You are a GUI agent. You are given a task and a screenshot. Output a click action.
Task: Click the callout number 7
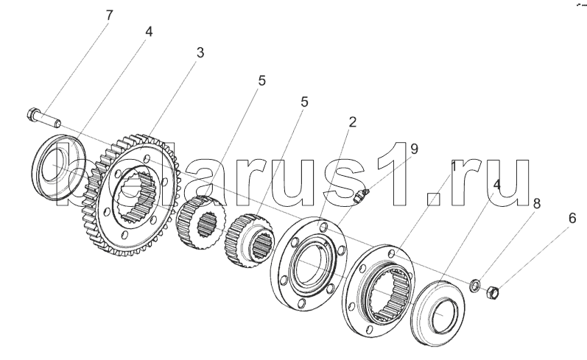[x=109, y=15]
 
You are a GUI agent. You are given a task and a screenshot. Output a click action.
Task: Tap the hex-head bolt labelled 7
[x=43, y=118]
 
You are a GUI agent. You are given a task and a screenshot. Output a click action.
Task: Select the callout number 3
[x=200, y=53]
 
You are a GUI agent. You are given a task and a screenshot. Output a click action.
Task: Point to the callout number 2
[x=352, y=122]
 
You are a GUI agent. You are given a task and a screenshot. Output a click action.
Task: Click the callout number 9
[x=414, y=149]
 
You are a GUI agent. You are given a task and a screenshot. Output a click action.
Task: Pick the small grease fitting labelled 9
[x=361, y=195]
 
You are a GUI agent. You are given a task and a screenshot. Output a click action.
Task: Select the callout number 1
[x=454, y=166]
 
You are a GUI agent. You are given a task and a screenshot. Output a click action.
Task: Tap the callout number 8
[x=536, y=204]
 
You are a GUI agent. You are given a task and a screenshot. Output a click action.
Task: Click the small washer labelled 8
[x=475, y=286]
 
